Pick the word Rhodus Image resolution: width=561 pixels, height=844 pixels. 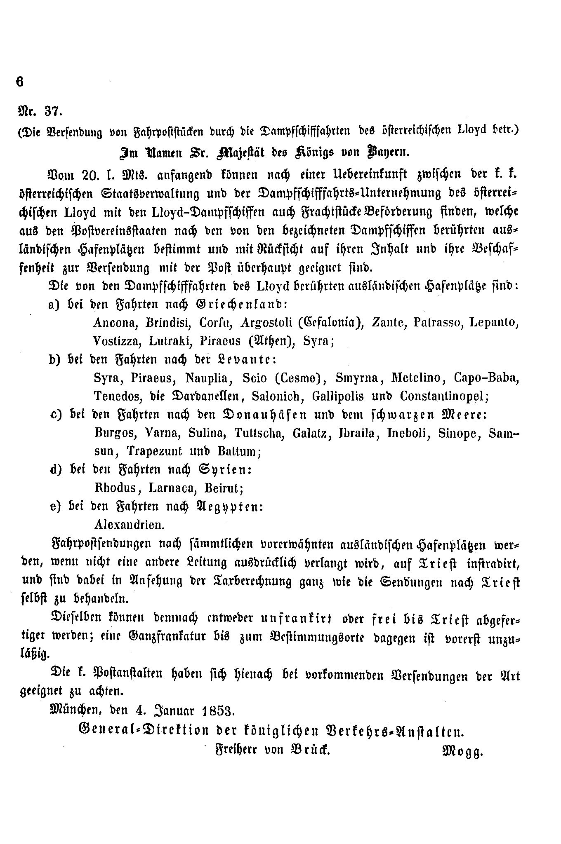tap(115, 488)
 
